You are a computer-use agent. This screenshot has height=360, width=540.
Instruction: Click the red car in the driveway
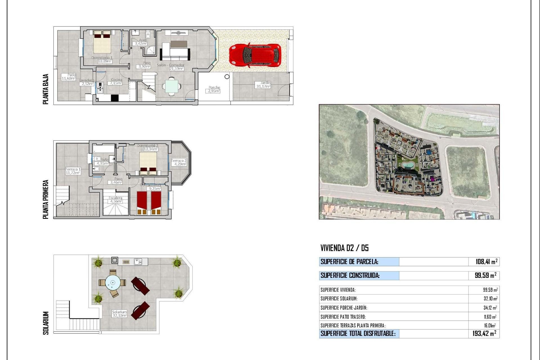click(x=255, y=55)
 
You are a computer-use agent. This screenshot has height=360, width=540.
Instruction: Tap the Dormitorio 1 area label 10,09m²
click(x=105, y=61)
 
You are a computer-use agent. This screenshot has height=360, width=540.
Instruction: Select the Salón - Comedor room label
click(x=170, y=65)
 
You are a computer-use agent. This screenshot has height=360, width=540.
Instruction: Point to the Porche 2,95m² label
click(x=214, y=89)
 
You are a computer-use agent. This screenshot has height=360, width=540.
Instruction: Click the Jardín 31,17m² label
click(x=263, y=85)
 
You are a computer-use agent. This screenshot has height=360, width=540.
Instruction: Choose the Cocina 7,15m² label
click(x=116, y=82)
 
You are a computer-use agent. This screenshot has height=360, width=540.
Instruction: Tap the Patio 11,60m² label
click(x=69, y=77)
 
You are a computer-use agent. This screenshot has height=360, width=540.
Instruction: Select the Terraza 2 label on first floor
click(x=179, y=162)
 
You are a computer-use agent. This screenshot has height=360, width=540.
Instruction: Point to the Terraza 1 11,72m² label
click(x=73, y=171)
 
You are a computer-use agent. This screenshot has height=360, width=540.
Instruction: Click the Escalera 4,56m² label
click(x=116, y=200)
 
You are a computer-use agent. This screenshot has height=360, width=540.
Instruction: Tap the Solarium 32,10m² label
click(x=119, y=314)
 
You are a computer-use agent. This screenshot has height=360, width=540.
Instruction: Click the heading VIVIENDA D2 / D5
click(x=344, y=248)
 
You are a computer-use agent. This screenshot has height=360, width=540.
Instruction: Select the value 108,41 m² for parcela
click(x=486, y=262)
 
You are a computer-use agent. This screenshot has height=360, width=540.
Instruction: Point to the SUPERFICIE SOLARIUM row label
click(x=339, y=299)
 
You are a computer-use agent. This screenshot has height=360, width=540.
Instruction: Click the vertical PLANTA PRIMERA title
click(x=46, y=199)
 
